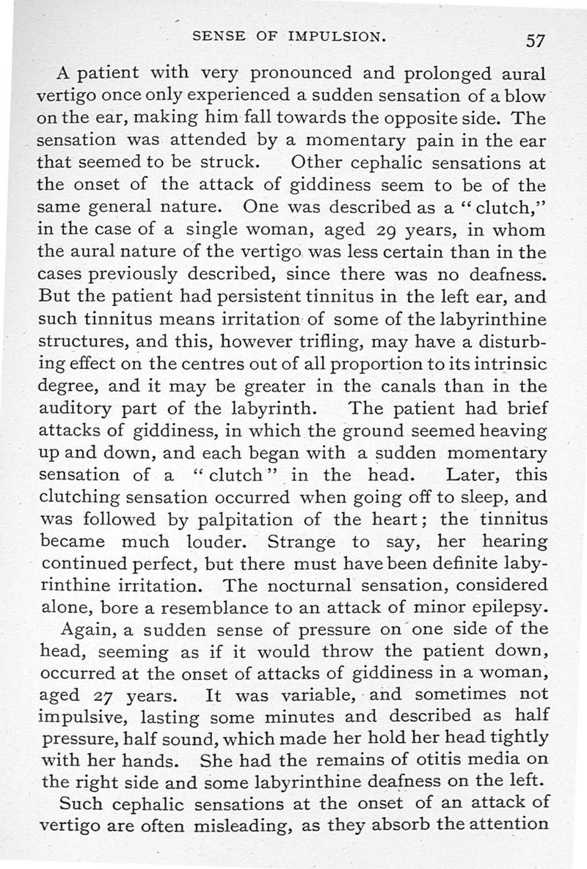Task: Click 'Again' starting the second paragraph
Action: click(86, 629)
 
